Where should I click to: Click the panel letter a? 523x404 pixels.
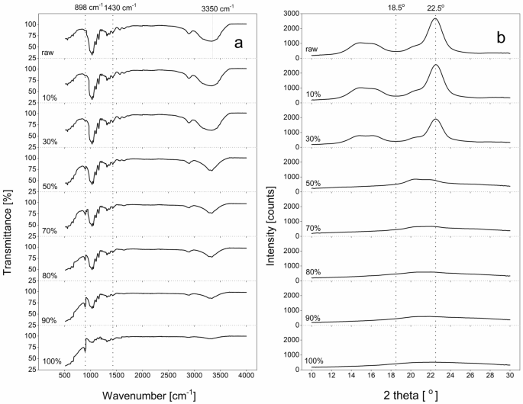238,43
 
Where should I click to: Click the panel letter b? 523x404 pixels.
501,37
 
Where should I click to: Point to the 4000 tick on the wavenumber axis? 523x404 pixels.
246,375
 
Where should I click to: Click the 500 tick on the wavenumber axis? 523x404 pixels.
65,375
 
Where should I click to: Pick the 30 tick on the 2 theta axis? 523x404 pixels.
509,375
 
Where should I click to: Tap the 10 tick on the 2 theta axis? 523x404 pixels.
312,375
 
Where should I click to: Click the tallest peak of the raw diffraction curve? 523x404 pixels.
435,19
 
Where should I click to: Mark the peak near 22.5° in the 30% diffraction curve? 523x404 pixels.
435,119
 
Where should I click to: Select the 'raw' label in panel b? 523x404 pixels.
312,50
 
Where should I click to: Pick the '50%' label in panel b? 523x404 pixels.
313,183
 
